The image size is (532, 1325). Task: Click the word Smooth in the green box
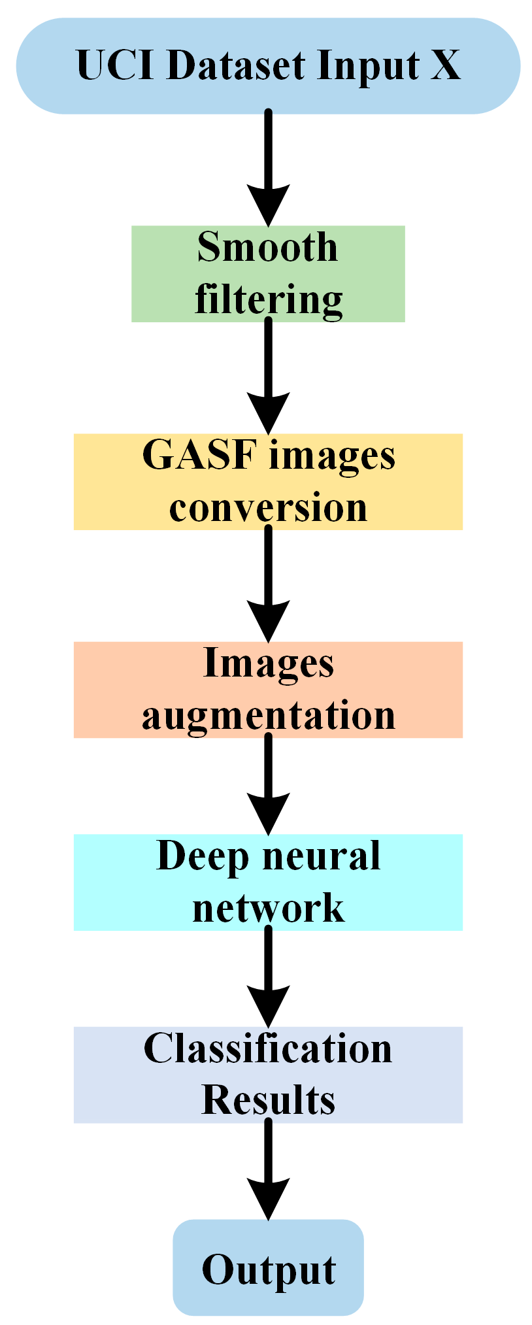tap(267, 247)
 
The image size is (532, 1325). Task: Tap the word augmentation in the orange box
tap(268, 715)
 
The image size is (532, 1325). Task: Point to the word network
tap(268, 907)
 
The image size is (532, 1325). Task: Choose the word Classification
tap(268, 1048)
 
